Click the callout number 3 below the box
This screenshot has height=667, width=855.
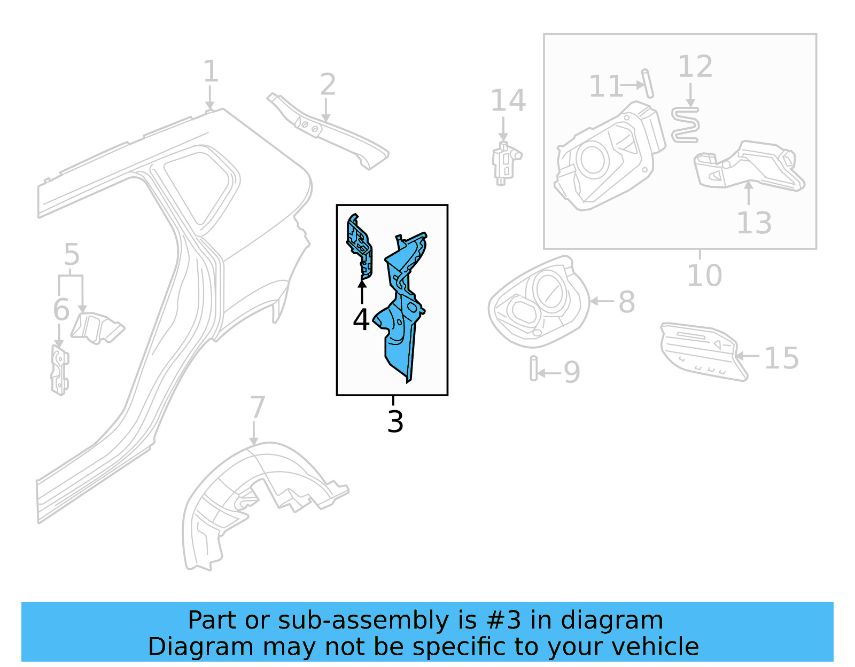pyautogui.click(x=395, y=422)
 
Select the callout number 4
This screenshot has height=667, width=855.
pyautogui.click(x=361, y=320)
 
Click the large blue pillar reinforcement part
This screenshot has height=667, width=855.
pyautogui.click(x=403, y=310)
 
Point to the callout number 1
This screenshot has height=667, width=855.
pyautogui.click(x=211, y=72)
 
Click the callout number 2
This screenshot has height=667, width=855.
pyautogui.click(x=328, y=85)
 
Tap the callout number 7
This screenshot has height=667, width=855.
pyautogui.click(x=258, y=407)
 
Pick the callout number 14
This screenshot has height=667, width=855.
pyautogui.click(x=508, y=101)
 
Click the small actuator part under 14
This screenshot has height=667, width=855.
pyautogui.click(x=504, y=162)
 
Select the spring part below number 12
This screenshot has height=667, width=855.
pyautogui.click(x=685, y=125)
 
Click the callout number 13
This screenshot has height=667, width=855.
pyautogui.click(x=754, y=223)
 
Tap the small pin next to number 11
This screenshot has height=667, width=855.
pyautogui.click(x=648, y=83)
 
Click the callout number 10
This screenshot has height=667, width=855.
pyautogui.click(x=704, y=276)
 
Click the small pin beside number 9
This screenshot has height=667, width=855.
pyautogui.click(x=533, y=368)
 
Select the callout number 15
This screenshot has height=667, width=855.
pyautogui.click(x=781, y=358)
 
